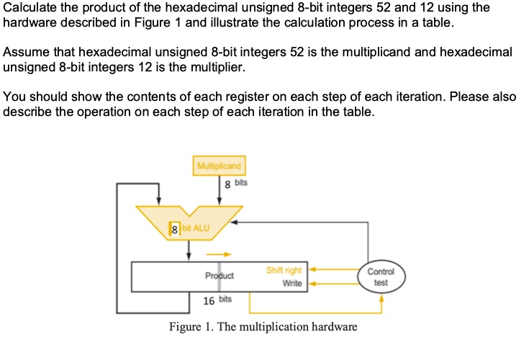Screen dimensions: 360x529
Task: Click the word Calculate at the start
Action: point(29,8)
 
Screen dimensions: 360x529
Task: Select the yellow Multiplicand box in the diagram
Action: point(220,167)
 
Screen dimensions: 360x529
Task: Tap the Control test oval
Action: point(381,277)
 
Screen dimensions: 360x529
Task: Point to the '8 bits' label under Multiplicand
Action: point(237,185)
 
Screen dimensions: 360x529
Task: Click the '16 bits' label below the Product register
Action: point(215,299)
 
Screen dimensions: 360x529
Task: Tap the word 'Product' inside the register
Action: point(220,276)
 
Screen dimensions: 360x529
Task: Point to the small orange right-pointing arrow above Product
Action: point(220,253)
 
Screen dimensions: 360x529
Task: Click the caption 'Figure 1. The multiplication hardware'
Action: point(263,328)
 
